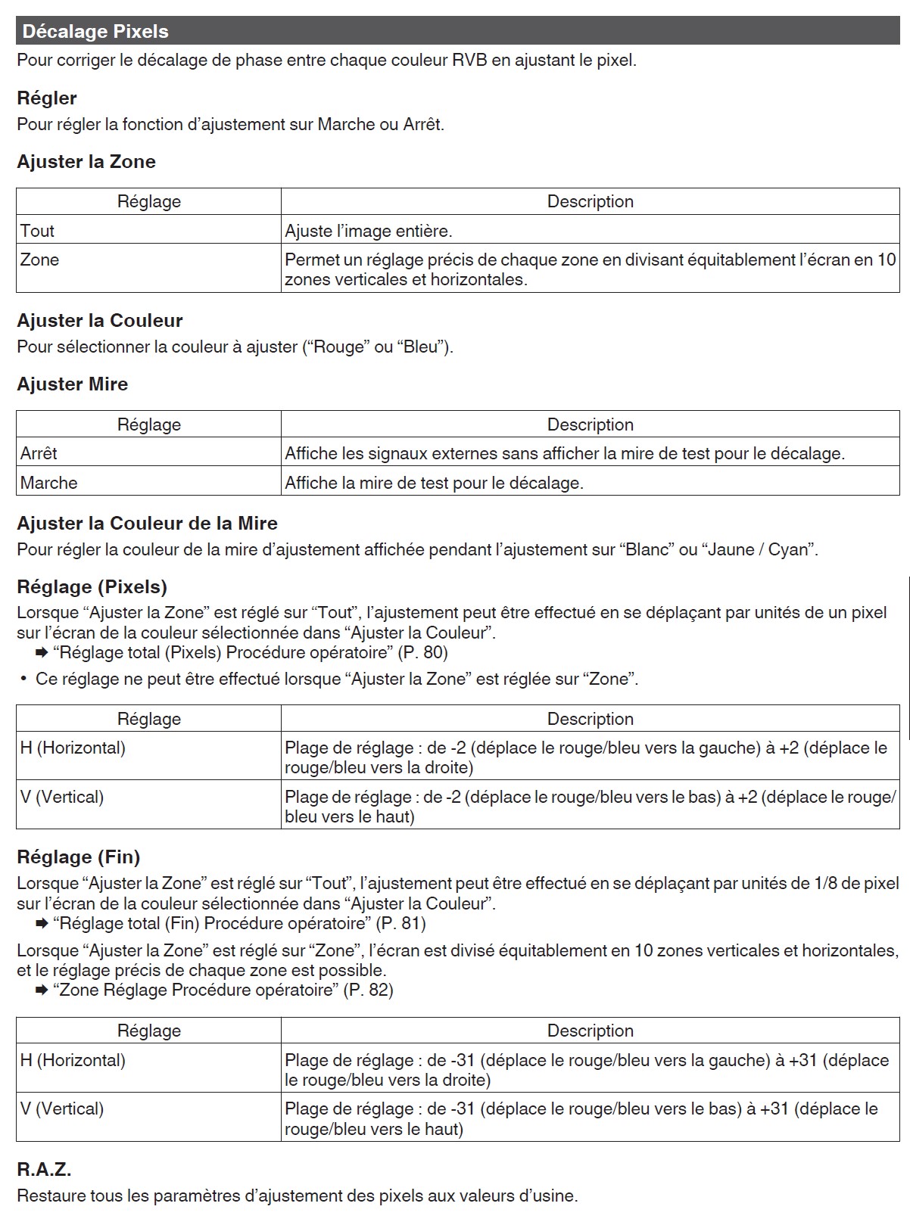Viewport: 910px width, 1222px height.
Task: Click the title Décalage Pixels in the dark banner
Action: pos(95,32)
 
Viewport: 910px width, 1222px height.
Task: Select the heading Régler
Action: pos(47,98)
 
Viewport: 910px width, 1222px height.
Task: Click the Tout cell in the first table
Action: pos(37,231)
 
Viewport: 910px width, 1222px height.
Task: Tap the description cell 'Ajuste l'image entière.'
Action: pos(369,231)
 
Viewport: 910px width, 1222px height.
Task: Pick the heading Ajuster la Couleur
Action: pos(100,321)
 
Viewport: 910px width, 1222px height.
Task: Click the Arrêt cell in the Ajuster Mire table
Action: pos(39,453)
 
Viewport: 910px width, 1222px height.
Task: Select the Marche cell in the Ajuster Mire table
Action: pos(48,483)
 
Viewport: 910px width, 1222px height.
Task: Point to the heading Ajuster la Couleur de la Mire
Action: pos(147,524)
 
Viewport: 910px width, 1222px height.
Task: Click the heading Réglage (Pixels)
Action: pos(92,587)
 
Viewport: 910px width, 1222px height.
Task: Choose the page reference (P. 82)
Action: pos(368,990)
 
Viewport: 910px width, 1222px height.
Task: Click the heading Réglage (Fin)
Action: pos(79,857)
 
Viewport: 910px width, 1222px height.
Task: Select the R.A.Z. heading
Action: pos(44,1170)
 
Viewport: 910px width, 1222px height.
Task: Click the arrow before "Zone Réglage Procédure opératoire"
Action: pos(42,990)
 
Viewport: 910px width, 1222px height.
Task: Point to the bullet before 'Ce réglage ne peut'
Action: pos(24,679)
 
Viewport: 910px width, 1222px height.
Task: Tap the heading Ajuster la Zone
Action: pos(86,162)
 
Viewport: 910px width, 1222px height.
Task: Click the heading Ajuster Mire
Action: pos(73,384)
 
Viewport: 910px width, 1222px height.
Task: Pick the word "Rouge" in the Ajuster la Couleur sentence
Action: pos(338,347)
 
